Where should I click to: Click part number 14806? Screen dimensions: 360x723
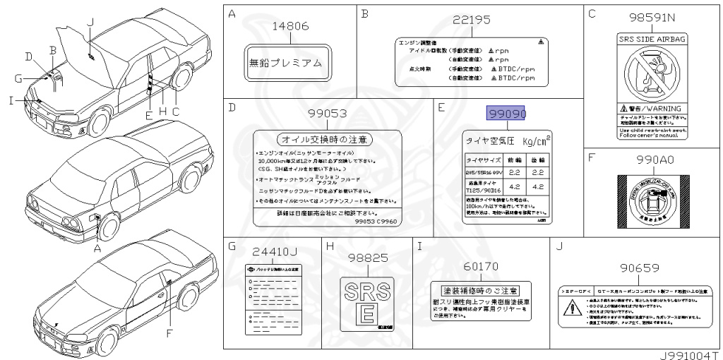click(x=292, y=26)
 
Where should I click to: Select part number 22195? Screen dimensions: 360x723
click(x=470, y=20)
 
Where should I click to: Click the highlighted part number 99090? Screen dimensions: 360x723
click(x=508, y=114)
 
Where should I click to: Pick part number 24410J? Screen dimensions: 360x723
click(x=275, y=251)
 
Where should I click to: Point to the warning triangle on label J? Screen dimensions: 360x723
click(x=570, y=308)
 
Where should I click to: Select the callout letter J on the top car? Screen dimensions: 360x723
click(x=90, y=23)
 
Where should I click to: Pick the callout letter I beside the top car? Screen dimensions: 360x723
click(x=12, y=100)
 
